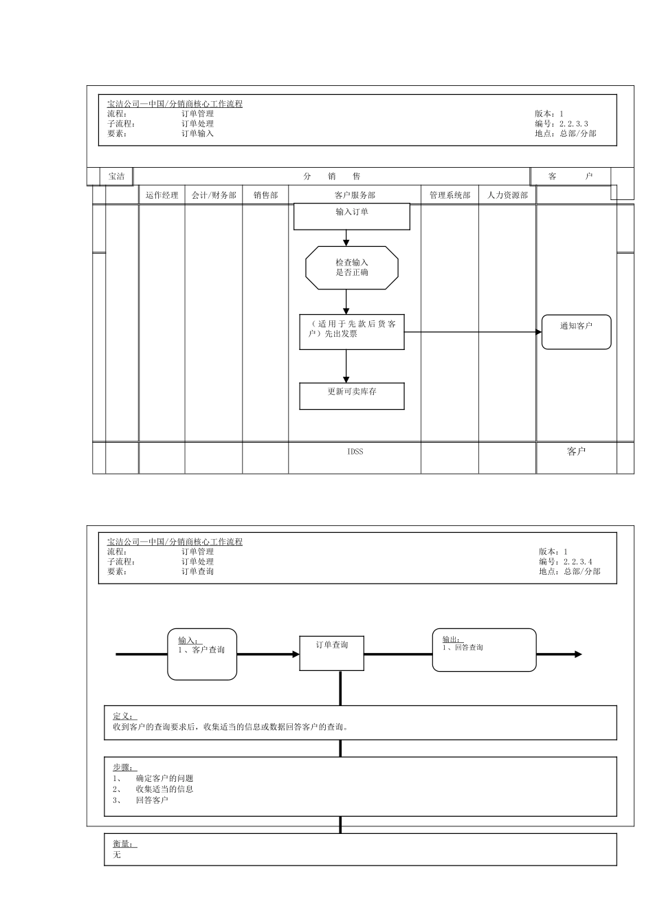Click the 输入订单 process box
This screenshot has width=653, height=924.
click(351, 216)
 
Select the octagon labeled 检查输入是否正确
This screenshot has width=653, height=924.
click(351, 267)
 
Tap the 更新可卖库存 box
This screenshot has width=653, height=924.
click(351, 395)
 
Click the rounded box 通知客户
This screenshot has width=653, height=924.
click(576, 331)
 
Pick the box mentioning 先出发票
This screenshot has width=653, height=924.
click(351, 331)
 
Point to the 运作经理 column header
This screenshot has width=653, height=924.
click(162, 195)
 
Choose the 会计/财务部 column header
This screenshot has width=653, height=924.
click(214, 195)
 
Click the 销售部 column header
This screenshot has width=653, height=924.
click(265, 195)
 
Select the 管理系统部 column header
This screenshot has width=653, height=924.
click(450, 195)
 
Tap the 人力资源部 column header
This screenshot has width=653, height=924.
click(507, 195)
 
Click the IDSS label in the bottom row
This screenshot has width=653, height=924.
click(355, 452)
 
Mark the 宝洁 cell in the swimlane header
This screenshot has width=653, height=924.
click(117, 177)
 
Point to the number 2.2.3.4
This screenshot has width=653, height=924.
click(577, 562)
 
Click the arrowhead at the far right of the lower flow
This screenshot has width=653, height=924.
click(578, 654)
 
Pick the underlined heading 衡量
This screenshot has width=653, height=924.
click(124, 844)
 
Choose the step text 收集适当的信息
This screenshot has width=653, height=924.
click(164, 789)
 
